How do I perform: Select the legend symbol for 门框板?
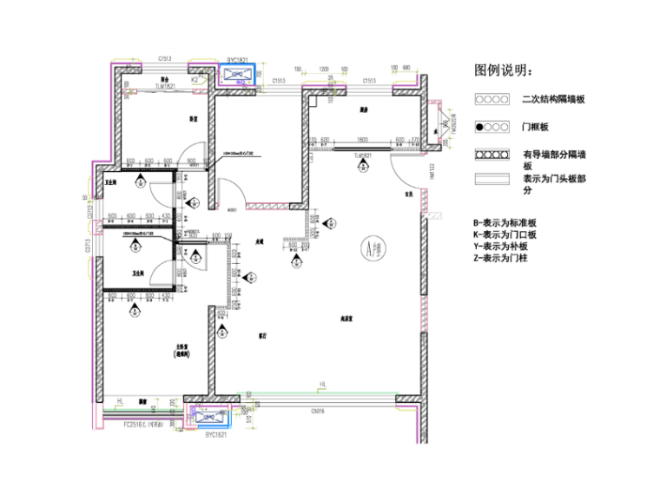(x=491, y=127)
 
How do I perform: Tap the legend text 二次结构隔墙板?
(x=553, y=100)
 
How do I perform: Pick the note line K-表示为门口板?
(x=505, y=234)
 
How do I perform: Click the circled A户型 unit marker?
(x=373, y=251)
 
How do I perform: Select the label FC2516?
(x=137, y=425)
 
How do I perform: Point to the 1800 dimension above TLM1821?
(x=360, y=140)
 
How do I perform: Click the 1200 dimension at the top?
(x=324, y=68)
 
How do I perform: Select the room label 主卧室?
(x=182, y=346)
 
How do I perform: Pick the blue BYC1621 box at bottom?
(x=208, y=416)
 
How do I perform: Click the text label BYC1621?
(x=215, y=435)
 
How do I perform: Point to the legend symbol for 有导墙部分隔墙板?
(x=491, y=155)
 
